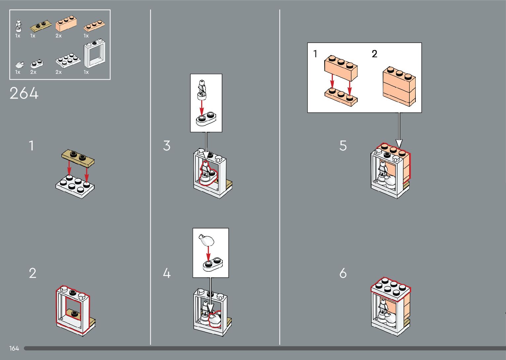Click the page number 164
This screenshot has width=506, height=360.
(14, 348)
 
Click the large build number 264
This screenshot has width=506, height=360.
(24, 93)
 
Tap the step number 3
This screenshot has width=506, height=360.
(167, 145)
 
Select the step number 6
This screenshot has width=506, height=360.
(343, 273)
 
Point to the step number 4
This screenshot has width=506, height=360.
(167, 273)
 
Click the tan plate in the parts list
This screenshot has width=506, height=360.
(41, 25)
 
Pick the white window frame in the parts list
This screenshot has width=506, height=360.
(95, 54)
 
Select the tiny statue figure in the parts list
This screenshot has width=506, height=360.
(19, 26)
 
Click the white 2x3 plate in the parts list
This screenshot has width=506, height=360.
(68, 60)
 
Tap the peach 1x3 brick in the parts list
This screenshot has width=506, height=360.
(66, 23)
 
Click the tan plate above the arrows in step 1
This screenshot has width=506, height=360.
(78, 158)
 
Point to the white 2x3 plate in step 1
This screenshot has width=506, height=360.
(75, 186)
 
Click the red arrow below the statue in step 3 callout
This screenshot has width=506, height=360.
(202, 108)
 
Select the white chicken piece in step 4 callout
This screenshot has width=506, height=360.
(206, 240)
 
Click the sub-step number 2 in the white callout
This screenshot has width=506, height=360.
(374, 54)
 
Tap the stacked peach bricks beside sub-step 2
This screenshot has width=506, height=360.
(399, 86)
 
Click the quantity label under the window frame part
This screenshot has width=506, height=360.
(86, 72)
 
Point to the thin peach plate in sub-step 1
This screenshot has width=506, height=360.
(341, 97)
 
